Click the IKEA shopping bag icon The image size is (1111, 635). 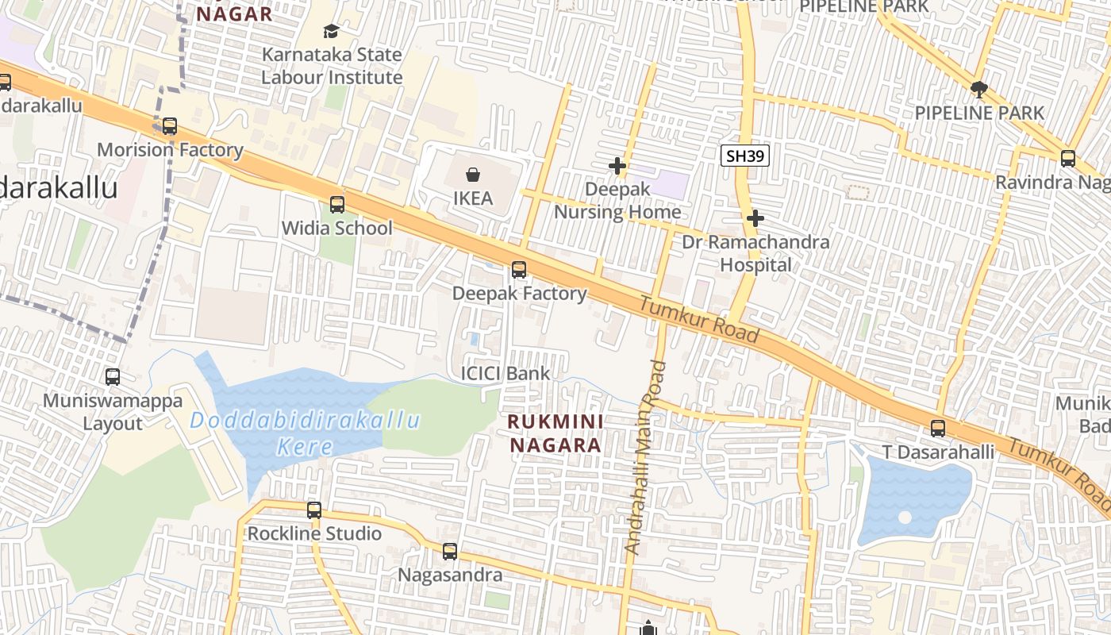pos(473,174)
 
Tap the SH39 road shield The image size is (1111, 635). pos(746,156)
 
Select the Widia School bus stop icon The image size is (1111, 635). pos(337,205)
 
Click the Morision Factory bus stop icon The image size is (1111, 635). pos(170,126)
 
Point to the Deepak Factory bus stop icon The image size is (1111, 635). pos(519,270)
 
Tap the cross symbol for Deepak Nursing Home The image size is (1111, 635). pos(617,166)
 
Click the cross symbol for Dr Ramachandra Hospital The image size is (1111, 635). pos(755,217)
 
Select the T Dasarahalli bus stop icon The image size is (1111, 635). pos(938,429)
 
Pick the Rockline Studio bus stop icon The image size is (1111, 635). pos(314,510)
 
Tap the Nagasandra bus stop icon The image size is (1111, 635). pos(450,551)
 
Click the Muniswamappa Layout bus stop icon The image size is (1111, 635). pos(113,377)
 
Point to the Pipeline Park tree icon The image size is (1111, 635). pos(979,89)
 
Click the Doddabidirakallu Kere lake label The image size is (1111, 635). pos(306,433)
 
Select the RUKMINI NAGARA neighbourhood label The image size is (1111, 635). pos(555,433)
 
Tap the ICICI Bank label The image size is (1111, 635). pos(506,373)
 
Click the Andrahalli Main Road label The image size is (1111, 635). pos(645,456)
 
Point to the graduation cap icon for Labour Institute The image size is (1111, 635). pos(331,31)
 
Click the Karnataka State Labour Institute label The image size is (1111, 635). pos(332,67)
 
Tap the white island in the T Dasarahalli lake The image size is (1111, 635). pos(905,518)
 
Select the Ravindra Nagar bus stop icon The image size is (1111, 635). pos(1068,158)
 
